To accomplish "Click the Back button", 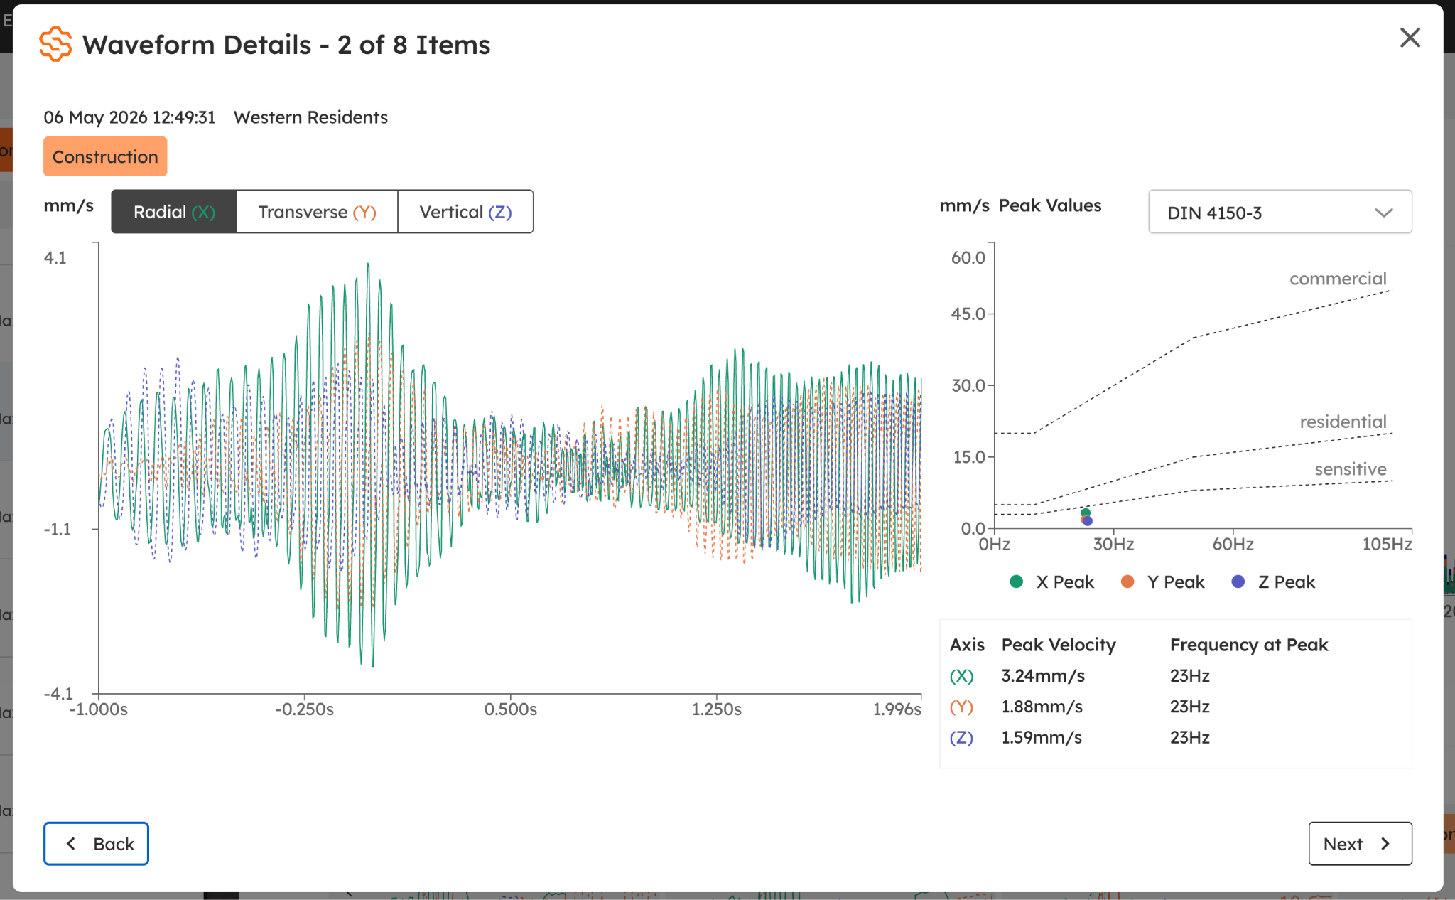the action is click(x=96, y=843).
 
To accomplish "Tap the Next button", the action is click(x=1360, y=843).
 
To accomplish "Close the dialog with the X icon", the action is click(x=1410, y=38).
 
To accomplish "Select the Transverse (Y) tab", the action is click(x=317, y=212).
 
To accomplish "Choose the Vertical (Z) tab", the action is click(x=465, y=212).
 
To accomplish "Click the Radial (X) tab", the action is click(x=174, y=212).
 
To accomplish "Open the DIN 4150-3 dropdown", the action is click(x=1280, y=212).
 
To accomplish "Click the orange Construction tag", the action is click(x=105, y=156).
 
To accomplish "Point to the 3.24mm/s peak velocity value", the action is click(x=1042, y=675).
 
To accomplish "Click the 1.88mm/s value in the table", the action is click(x=1042, y=707).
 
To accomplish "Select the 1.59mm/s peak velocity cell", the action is click(x=1042, y=737).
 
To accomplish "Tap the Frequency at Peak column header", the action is click(x=1248, y=645).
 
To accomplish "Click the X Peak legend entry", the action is click(x=1051, y=582).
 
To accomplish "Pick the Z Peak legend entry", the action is click(x=1273, y=582).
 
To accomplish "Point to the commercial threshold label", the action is click(x=1338, y=279).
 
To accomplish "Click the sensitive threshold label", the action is click(x=1350, y=469).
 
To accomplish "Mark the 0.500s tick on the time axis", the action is click(x=510, y=709).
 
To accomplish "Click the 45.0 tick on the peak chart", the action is click(x=968, y=314).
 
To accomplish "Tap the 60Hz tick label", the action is click(x=1233, y=545).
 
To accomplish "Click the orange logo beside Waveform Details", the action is click(x=55, y=44).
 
